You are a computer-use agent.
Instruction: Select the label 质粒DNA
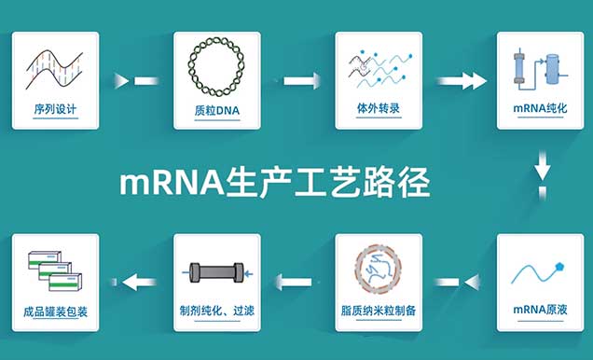(x=216, y=108)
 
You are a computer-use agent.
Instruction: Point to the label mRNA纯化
(x=540, y=108)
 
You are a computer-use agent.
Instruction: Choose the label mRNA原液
(x=540, y=309)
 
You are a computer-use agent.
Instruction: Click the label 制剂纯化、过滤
(x=217, y=310)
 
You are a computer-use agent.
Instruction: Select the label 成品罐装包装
(x=55, y=310)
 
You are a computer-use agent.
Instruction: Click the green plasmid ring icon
(x=216, y=66)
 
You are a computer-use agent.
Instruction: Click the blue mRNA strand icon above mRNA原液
(x=540, y=270)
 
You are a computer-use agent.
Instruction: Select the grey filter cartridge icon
(x=216, y=272)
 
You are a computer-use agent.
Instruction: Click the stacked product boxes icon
(x=55, y=268)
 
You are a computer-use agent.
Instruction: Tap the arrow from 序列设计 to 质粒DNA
(x=136, y=80)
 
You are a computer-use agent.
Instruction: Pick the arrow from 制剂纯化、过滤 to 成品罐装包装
(x=134, y=280)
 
